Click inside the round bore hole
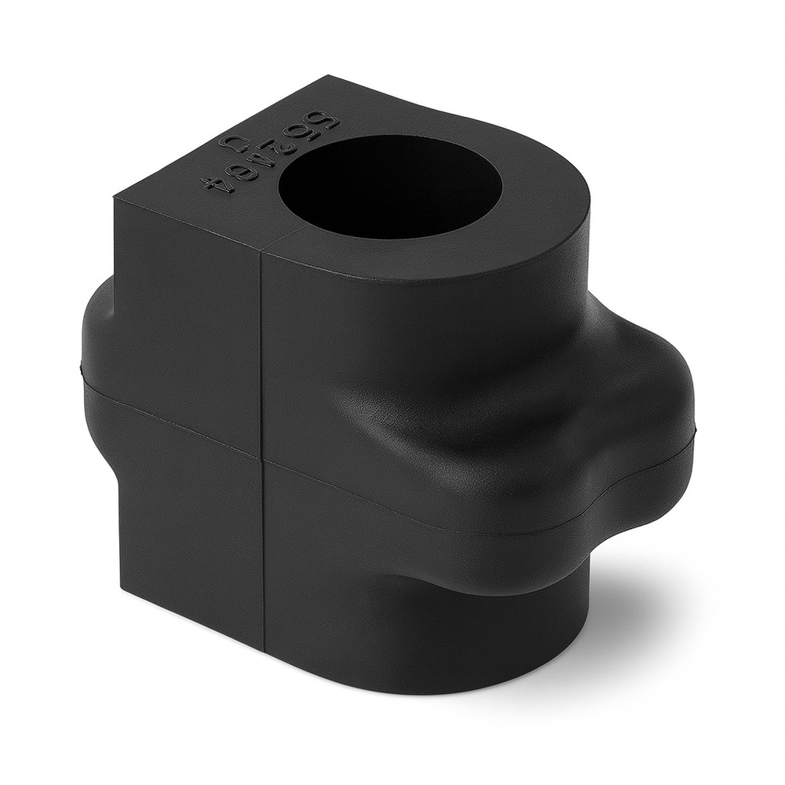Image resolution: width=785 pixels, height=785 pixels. pos(390,186)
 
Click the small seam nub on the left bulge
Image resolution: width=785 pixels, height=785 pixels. pos(82,366)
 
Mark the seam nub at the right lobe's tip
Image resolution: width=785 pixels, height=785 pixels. pos(695,429)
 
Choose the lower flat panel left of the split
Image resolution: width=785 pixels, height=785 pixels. pos(188,534)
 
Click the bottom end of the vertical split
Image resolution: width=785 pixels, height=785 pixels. pos(264,650)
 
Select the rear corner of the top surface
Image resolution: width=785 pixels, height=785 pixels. pos(330,75)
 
